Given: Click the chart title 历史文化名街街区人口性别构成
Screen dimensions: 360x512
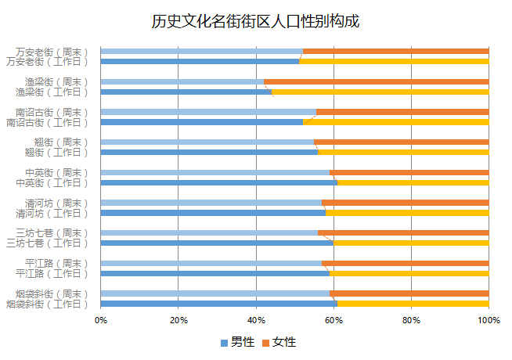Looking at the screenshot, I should click(256, 21).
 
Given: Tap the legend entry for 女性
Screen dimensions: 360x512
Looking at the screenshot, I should click(279, 342).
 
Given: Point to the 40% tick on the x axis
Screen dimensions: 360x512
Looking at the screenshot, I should click(256, 320).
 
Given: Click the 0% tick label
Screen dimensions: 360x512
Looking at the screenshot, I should click(101, 320).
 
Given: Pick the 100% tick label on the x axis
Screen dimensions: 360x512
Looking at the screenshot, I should click(488, 320).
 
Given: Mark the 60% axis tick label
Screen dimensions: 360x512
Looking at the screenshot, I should click(334, 320).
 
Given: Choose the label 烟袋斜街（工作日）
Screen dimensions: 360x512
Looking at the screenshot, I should click(47, 304).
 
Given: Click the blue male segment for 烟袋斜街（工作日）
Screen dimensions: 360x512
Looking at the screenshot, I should click(218, 304).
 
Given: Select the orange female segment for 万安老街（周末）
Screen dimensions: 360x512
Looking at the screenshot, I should click(395, 52).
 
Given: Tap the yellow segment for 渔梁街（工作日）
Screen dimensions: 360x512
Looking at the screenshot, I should click(380, 92).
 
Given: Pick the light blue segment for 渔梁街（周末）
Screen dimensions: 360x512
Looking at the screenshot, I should click(182, 81).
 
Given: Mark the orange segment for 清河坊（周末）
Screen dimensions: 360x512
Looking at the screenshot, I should click(406, 203).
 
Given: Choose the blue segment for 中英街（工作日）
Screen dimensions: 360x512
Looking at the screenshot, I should click(218, 182).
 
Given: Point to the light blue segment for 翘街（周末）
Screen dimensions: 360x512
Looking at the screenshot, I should click(207, 142).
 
